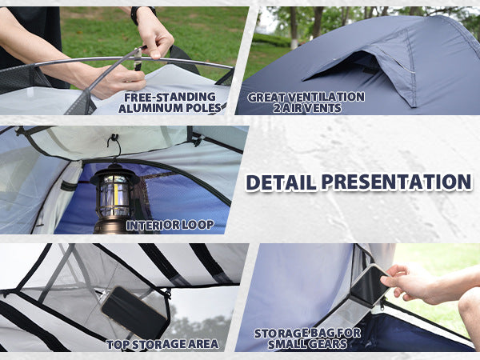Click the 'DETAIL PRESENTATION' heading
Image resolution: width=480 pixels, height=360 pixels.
358,182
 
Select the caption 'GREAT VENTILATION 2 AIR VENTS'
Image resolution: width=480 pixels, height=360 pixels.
306,102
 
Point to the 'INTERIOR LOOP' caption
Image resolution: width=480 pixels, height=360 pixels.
170,225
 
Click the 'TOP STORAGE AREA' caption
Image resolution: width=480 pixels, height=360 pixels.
162,345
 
